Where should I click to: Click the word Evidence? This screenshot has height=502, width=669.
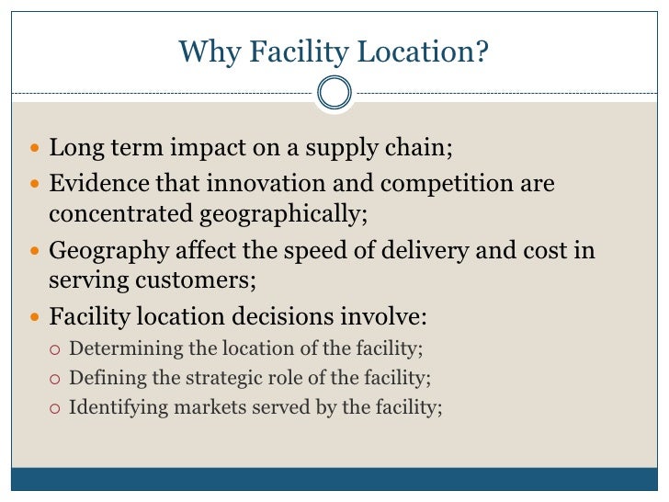94,184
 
